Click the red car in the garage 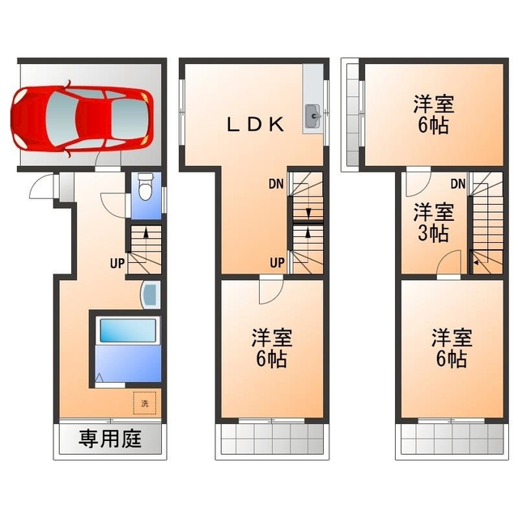click(82, 119)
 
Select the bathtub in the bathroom click(128, 330)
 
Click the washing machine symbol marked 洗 click(144, 403)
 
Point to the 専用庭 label click(110, 439)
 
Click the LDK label click(255, 125)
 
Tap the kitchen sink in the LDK click(312, 116)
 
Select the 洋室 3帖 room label click(434, 223)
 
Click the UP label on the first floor click(117, 264)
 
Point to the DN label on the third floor click(458, 184)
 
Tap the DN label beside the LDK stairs click(276, 184)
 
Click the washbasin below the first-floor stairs click(151, 295)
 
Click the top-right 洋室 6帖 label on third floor click(434, 114)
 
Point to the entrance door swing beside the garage click(40, 187)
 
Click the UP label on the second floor click(277, 263)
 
